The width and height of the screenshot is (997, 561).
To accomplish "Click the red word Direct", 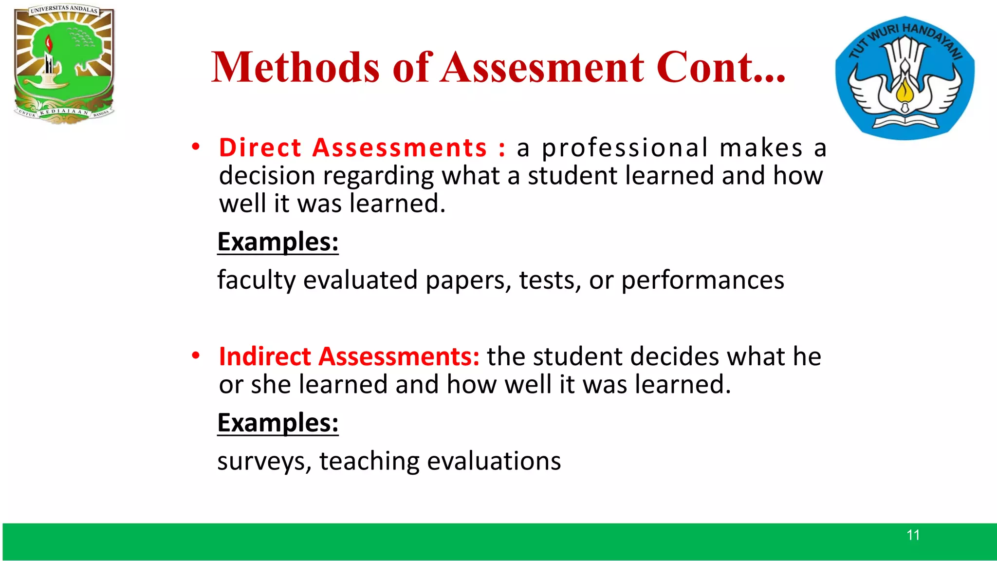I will click(x=260, y=148).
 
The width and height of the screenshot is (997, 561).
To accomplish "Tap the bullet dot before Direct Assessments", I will click(x=196, y=147).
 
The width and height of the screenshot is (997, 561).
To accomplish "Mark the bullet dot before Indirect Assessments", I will click(x=196, y=356).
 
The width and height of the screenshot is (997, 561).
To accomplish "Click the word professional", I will click(x=625, y=149).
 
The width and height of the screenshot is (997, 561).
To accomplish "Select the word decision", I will click(x=267, y=176).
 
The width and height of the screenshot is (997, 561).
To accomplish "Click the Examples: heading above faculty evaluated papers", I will click(x=277, y=242).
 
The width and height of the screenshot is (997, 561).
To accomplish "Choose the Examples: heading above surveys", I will click(x=277, y=423).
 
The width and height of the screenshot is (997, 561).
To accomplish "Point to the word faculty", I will click(x=257, y=280).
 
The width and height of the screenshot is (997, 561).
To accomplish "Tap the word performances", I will click(x=702, y=280).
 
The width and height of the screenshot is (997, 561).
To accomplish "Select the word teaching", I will click(x=369, y=461).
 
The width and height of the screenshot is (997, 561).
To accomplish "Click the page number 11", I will click(x=913, y=535).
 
